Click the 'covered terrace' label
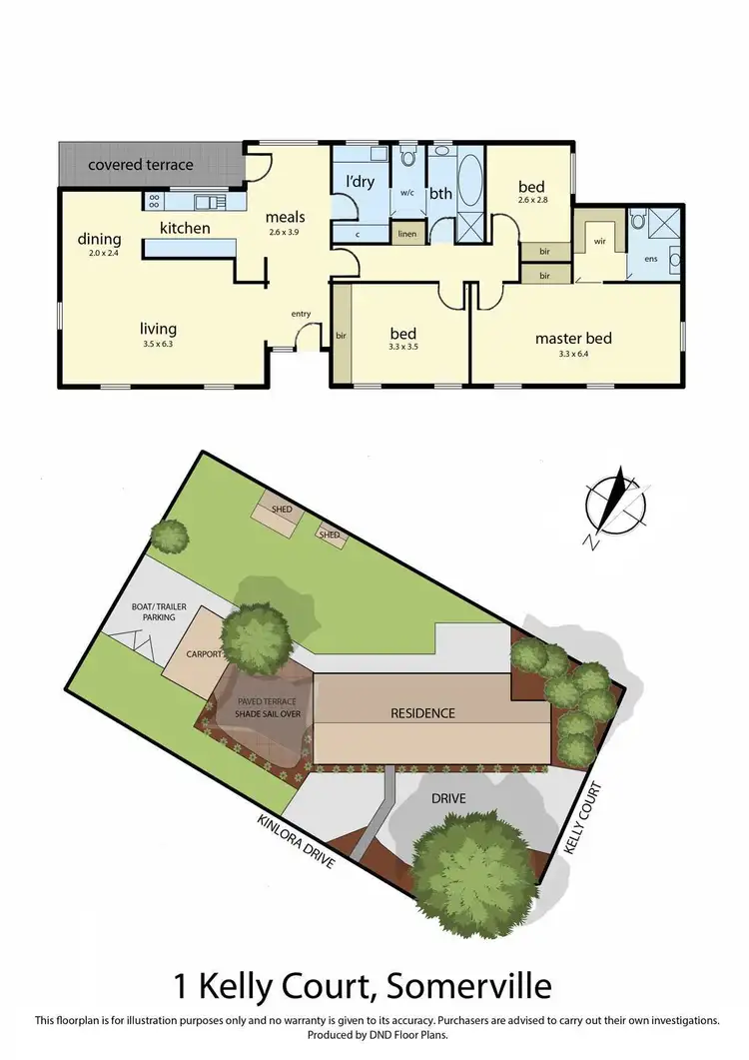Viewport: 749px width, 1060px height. pyautogui.click(x=140, y=165)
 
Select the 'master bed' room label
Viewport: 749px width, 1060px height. pyautogui.click(x=572, y=338)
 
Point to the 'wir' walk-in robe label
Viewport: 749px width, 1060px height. pyautogui.click(x=599, y=241)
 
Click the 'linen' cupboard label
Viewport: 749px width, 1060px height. pyautogui.click(x=406, y=234)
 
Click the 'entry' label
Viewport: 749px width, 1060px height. pyautogui.click(x=301, y=314)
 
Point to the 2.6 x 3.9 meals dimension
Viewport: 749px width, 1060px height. pyautogui.click(x=284, y=232)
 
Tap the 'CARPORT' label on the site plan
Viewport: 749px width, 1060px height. pyautogui.click(x=203, y=655)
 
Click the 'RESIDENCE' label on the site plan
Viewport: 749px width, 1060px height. pyautogui.click(x=422, y=713)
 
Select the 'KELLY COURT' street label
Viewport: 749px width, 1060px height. pyautogui.click(x=585, y=818)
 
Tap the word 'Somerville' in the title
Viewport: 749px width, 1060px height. pyautogui.click(x=466, y=986)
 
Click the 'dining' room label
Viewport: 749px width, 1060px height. pyautogui.click(x=100, y=239)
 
